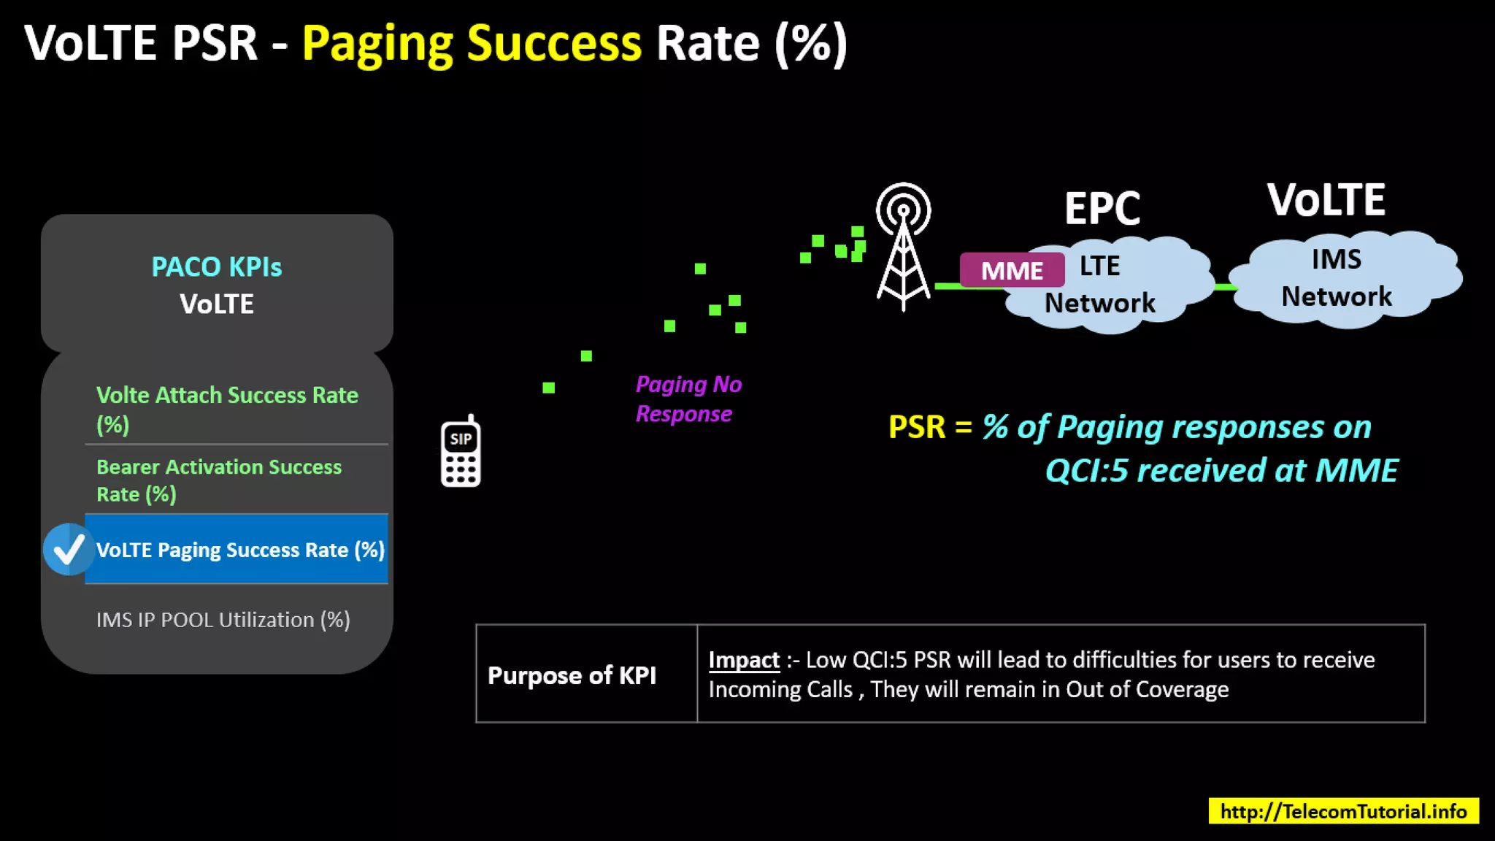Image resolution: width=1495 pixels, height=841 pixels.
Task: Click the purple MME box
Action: click(x=1012, y=270)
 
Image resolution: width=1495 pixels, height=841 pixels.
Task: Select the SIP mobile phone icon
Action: click(x=461, y=453)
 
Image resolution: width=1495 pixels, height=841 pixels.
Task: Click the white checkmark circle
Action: click(x=69, y=550)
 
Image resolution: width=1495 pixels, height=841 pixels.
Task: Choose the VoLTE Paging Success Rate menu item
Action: click(x=239, y=550)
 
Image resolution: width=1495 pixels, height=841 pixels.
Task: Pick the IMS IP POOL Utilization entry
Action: click(x=223, y=620)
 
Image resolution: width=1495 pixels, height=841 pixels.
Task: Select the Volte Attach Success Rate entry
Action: click(x=227, y=409)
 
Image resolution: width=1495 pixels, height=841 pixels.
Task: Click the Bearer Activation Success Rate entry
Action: click(x=219, y=480)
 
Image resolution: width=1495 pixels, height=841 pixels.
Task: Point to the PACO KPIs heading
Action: click(x=217, y=267)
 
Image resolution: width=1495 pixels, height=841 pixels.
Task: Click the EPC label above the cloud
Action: click(x=1102, y=209)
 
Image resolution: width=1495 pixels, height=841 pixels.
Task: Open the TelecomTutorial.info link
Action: click(x=1343, y=811)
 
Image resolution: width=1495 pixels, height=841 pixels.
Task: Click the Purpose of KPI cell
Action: click(x=572, y=675)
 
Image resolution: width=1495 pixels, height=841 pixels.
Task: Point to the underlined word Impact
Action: click(x=744, y=660)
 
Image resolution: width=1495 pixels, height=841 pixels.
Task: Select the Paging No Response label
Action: click(x=688, y=399)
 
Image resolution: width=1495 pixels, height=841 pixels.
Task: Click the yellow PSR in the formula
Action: click(x=917, y=427)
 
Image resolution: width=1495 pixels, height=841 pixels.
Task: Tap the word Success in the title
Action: click(x=554, y=43)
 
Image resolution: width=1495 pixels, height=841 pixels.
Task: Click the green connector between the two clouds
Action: click(x=1225, y=287)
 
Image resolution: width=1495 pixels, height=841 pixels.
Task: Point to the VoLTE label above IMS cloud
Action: click(x=1326, y=200)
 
